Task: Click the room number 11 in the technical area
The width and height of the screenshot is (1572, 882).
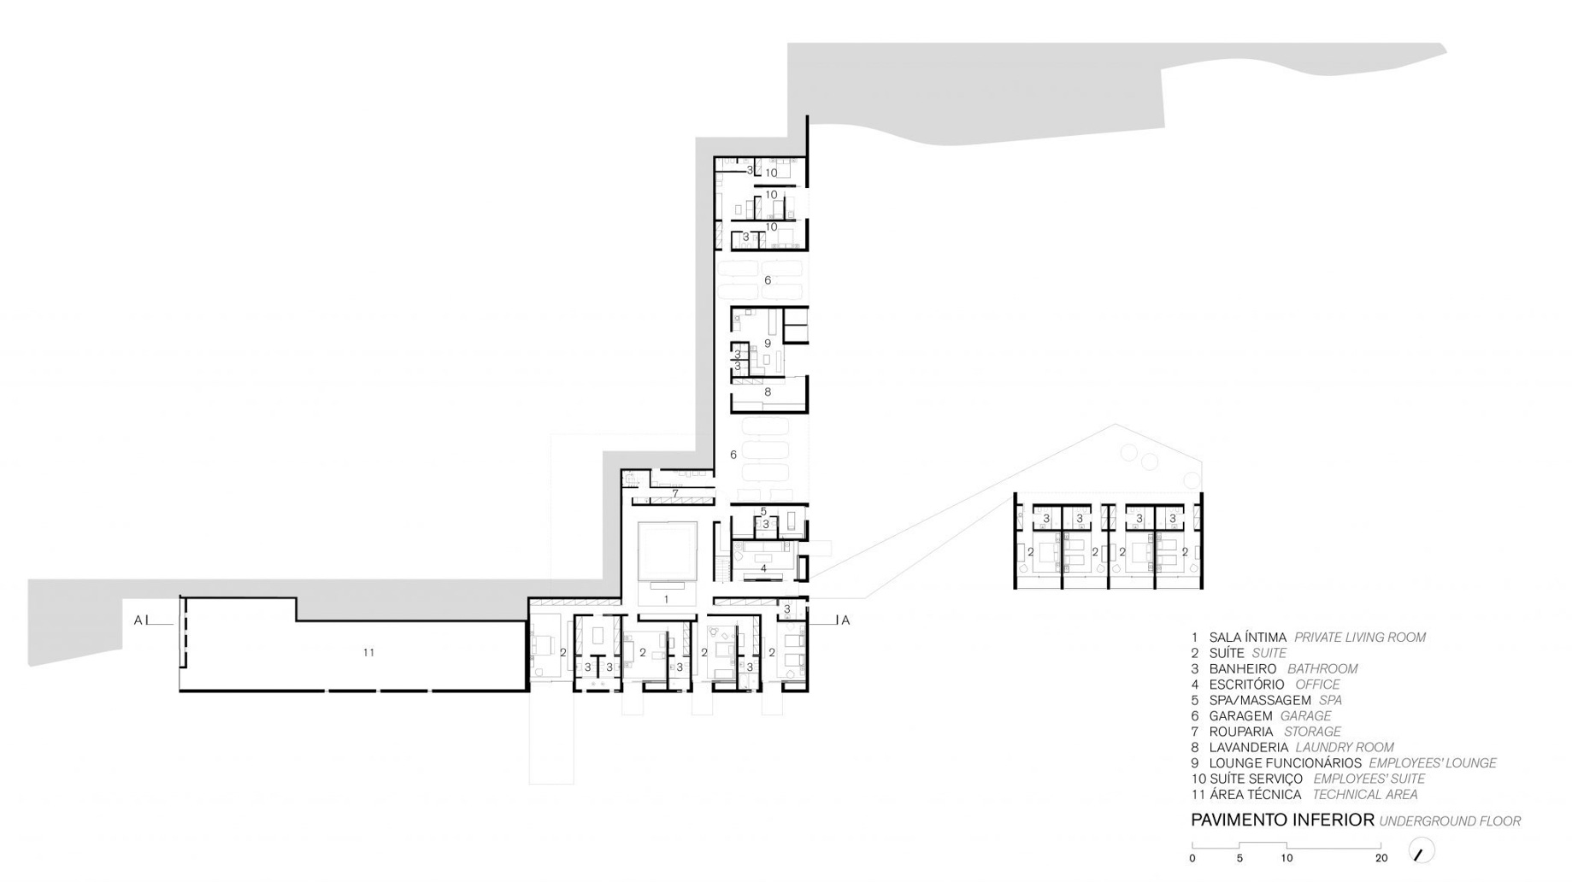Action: pyautogui.click(x=368, y=652)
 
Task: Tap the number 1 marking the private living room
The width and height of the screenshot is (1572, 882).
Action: pyautogui.click(x=666, y=599)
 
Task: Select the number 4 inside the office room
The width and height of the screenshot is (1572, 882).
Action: pyautogui.click(x=763, y=567)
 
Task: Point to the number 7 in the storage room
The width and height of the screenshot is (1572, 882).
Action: pyautogui.click(x=675, y=493)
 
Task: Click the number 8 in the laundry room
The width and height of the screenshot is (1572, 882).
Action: pyautogui.click(x=768, y=391)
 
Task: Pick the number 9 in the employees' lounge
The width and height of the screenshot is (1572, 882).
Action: pyautogui.click(x=768, y=343)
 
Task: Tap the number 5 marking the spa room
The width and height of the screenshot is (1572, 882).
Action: pyautogui.click(x=763, y=511)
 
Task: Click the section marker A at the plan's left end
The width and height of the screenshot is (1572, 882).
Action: pyautogui.click(x=138, y=620)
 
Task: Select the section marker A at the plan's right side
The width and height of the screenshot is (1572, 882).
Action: pyautogui.click(x=845, y=620)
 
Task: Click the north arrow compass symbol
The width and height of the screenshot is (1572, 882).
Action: pyautogui.click(x=1421, y=851)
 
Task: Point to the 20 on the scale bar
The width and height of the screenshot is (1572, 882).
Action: pyautogui.click(x=1381, y=858)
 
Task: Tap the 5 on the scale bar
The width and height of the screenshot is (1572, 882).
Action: pyautogui.click(x=1239, y=858)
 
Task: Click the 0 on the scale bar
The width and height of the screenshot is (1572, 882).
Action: pyautogui.click(x=1192, y=858)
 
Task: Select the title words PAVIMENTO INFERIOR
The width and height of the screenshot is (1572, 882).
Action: pyautogui.click(x=1282, y=820)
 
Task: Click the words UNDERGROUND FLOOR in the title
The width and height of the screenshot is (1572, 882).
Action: pyautogui.click(x=1450, y=821)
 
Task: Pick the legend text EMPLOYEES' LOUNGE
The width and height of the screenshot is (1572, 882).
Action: pyautogui.click(x=1433, y=763)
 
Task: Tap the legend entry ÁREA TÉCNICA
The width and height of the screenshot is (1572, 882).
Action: pyautogui.click(x=1255, y=795)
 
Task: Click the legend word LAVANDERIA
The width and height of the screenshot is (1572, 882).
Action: pyautogui.click(x=1248, y=747)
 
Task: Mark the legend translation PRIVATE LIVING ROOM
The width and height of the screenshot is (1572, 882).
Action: pyautogui.click(x=1360, y=638)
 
